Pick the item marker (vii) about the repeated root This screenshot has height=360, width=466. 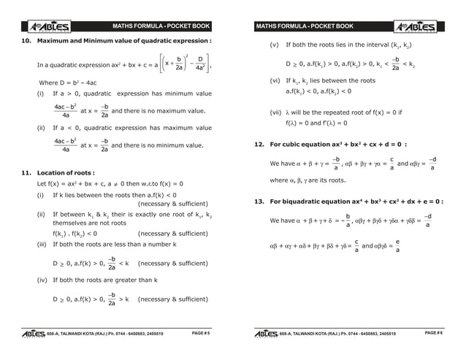click(x=276, y=113)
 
